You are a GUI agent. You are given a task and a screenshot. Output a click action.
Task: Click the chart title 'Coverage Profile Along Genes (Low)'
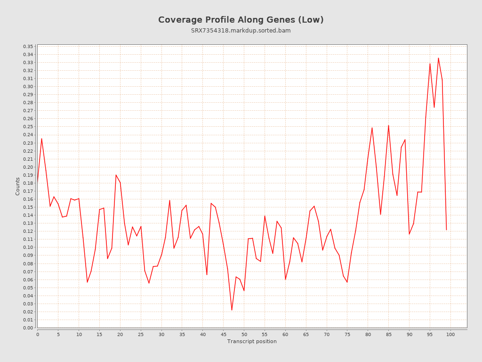pos(241,20)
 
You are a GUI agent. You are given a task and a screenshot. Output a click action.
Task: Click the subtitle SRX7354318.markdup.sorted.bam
pos(241,31)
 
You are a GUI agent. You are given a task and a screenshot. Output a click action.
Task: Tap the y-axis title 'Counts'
pos(18,186)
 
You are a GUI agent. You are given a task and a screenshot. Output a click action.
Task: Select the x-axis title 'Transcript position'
pos(252,341)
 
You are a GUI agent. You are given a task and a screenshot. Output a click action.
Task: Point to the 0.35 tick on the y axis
pos(28,46)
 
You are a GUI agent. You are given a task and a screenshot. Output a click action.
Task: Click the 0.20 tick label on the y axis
pos(28,167)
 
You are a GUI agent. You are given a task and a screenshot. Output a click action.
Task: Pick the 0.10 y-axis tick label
pos(28,247)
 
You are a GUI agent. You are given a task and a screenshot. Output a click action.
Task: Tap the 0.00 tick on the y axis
pos(28,328)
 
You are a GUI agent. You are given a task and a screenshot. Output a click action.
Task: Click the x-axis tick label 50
pos(244,335)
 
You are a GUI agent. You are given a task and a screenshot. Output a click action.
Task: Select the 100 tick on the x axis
pos(450,335)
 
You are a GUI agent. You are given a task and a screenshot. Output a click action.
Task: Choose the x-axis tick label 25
pos(141,335)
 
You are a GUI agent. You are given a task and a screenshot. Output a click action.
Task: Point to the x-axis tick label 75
pos(347,335)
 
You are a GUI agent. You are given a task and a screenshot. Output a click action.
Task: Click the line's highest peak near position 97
pos(438,58)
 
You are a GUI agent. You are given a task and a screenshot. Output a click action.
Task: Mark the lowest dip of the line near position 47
pos(232,310)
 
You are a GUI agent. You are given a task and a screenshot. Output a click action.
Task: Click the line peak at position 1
pos(41,139)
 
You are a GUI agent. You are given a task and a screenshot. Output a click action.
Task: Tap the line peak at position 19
pos(116,175)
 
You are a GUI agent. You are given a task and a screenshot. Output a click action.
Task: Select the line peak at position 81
pos(372,128)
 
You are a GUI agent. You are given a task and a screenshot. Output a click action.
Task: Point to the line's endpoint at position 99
pos(446,230)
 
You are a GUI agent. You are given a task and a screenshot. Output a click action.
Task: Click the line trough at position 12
pos(87,282)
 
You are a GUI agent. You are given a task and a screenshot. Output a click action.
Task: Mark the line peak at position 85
pos(388,125)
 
